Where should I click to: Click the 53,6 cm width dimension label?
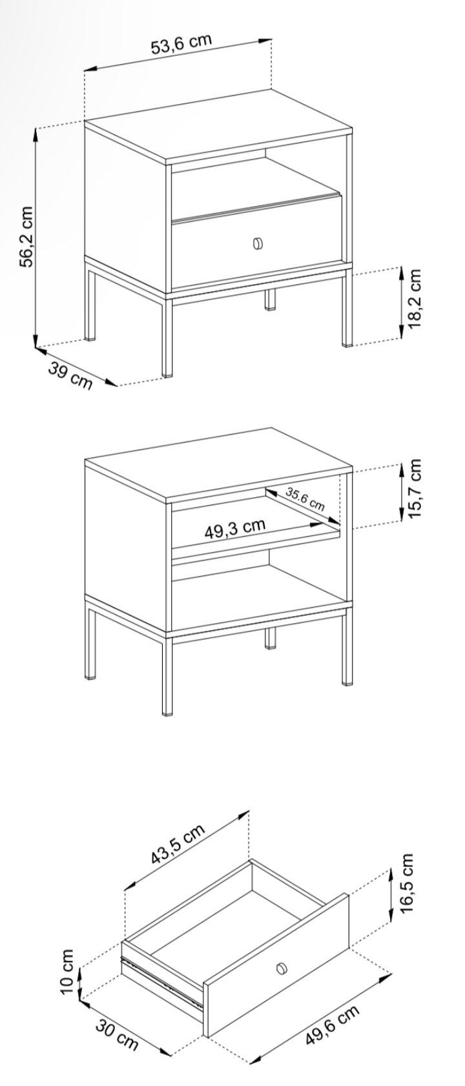[181, 44]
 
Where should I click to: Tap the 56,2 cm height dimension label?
[26, 236]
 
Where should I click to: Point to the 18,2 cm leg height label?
[415, 298]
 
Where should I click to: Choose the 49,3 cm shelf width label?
[234, 528]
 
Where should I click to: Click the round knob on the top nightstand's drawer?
[258, 243]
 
